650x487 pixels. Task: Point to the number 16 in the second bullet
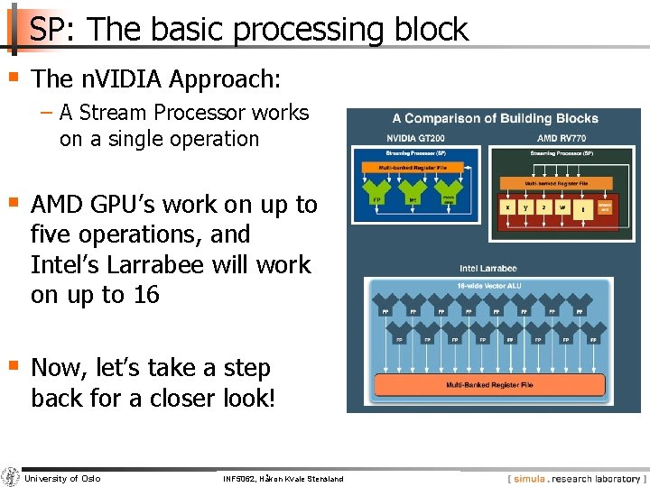click(x=145, y=295)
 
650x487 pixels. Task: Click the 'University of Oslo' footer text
click(x=62, y=479)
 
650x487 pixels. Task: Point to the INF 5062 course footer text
click(x=283, y=479)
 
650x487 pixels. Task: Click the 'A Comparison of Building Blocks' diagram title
click(x=495, y=118)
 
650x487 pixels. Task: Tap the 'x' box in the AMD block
click(x=508, y=207)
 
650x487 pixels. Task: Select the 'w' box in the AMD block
click(x=562, y=207)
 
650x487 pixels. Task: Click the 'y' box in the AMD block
click(x=526, y=207)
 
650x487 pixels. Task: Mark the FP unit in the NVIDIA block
click(x=376, y=198)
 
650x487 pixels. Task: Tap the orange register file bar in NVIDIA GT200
click(x=412, y=167)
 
